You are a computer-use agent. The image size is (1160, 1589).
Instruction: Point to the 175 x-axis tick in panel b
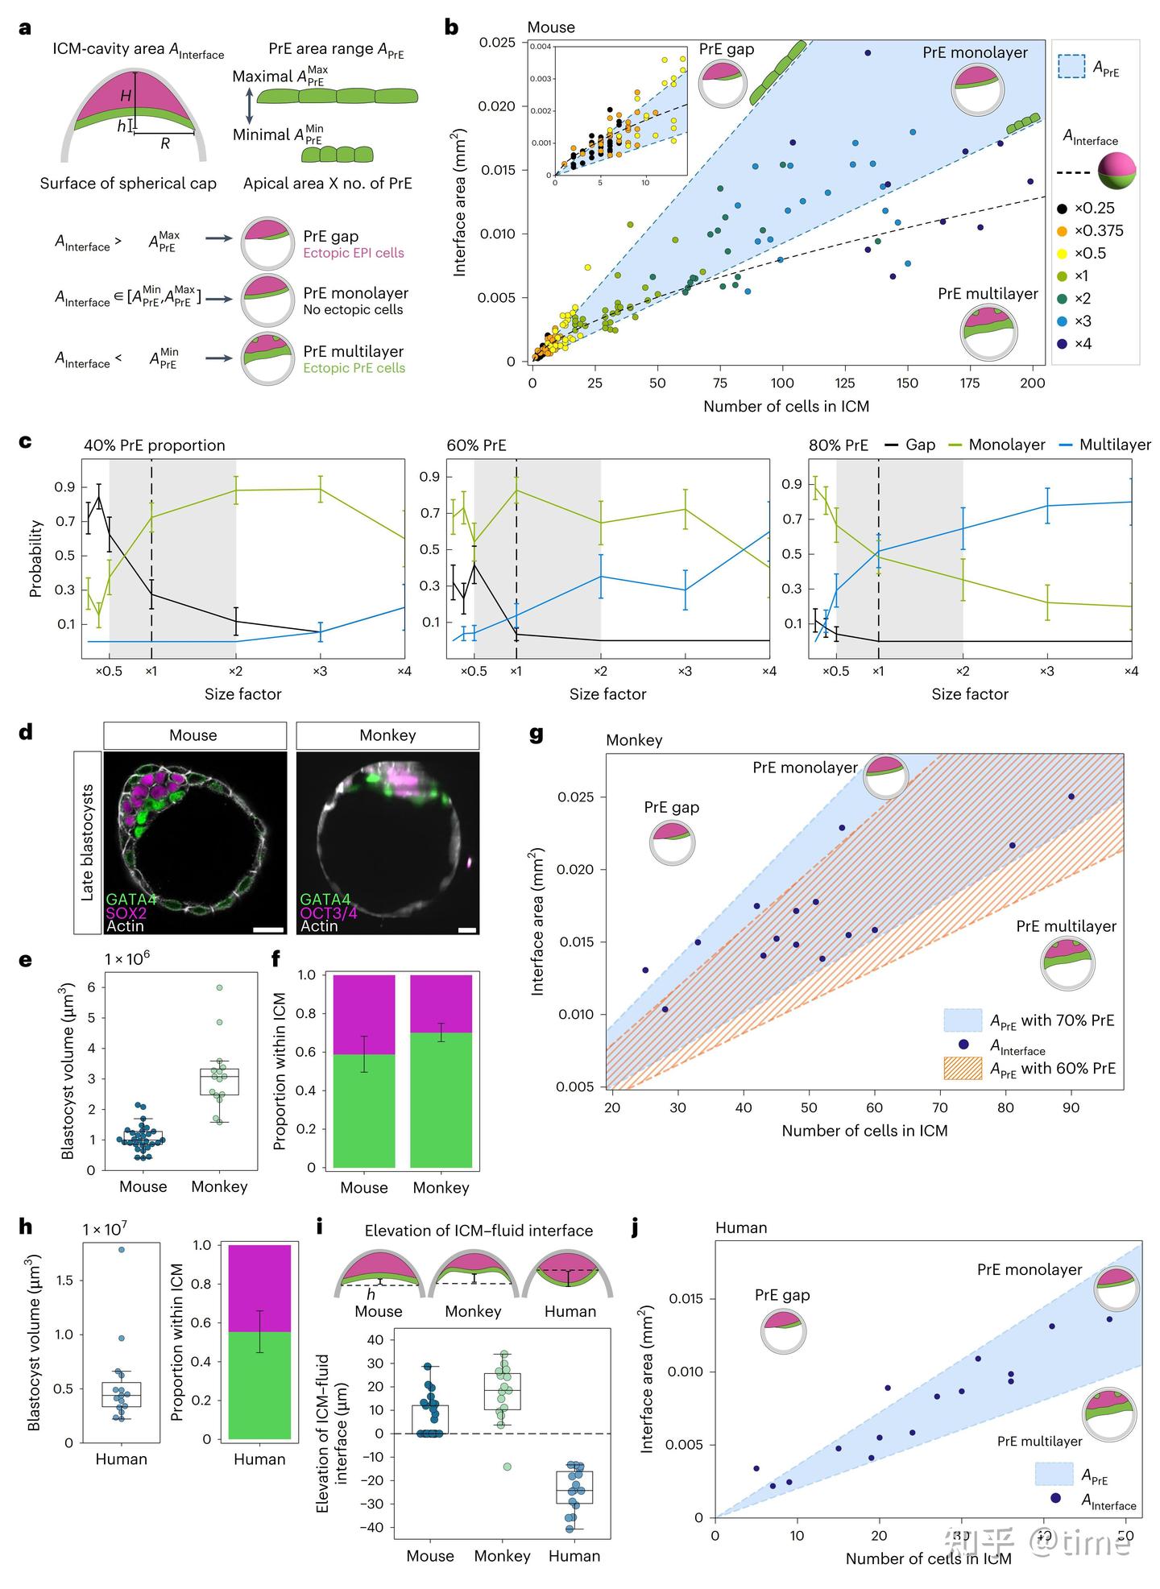(x=969, y=383)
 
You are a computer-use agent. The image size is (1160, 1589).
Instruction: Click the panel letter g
(x=536, y=734)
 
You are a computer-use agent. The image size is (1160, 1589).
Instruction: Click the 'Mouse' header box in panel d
(x=194, y=735)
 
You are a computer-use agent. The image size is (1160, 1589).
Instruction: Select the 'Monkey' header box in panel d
(x=387, y=735)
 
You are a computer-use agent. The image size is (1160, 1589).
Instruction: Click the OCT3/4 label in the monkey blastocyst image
(x=329, y=912)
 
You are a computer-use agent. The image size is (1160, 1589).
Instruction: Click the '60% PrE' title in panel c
(x=476, y=445)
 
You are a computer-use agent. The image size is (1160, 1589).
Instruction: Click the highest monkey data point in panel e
(x=218, y=987)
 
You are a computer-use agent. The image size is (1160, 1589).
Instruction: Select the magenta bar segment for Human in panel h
(x=259, y=1288)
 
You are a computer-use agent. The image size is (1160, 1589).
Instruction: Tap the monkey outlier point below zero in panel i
(x=507, y=1467)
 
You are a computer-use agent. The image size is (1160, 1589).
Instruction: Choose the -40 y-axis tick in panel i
(x=375, y=1528)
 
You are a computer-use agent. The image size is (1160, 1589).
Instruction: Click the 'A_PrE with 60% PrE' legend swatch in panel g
(x=963, y=1069)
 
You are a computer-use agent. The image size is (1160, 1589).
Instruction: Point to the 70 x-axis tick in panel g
(x=940, y=1107)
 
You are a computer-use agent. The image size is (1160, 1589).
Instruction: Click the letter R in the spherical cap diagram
(x=165, y=143)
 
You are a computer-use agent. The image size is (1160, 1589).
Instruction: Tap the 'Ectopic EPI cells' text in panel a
(x=354, y=253)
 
